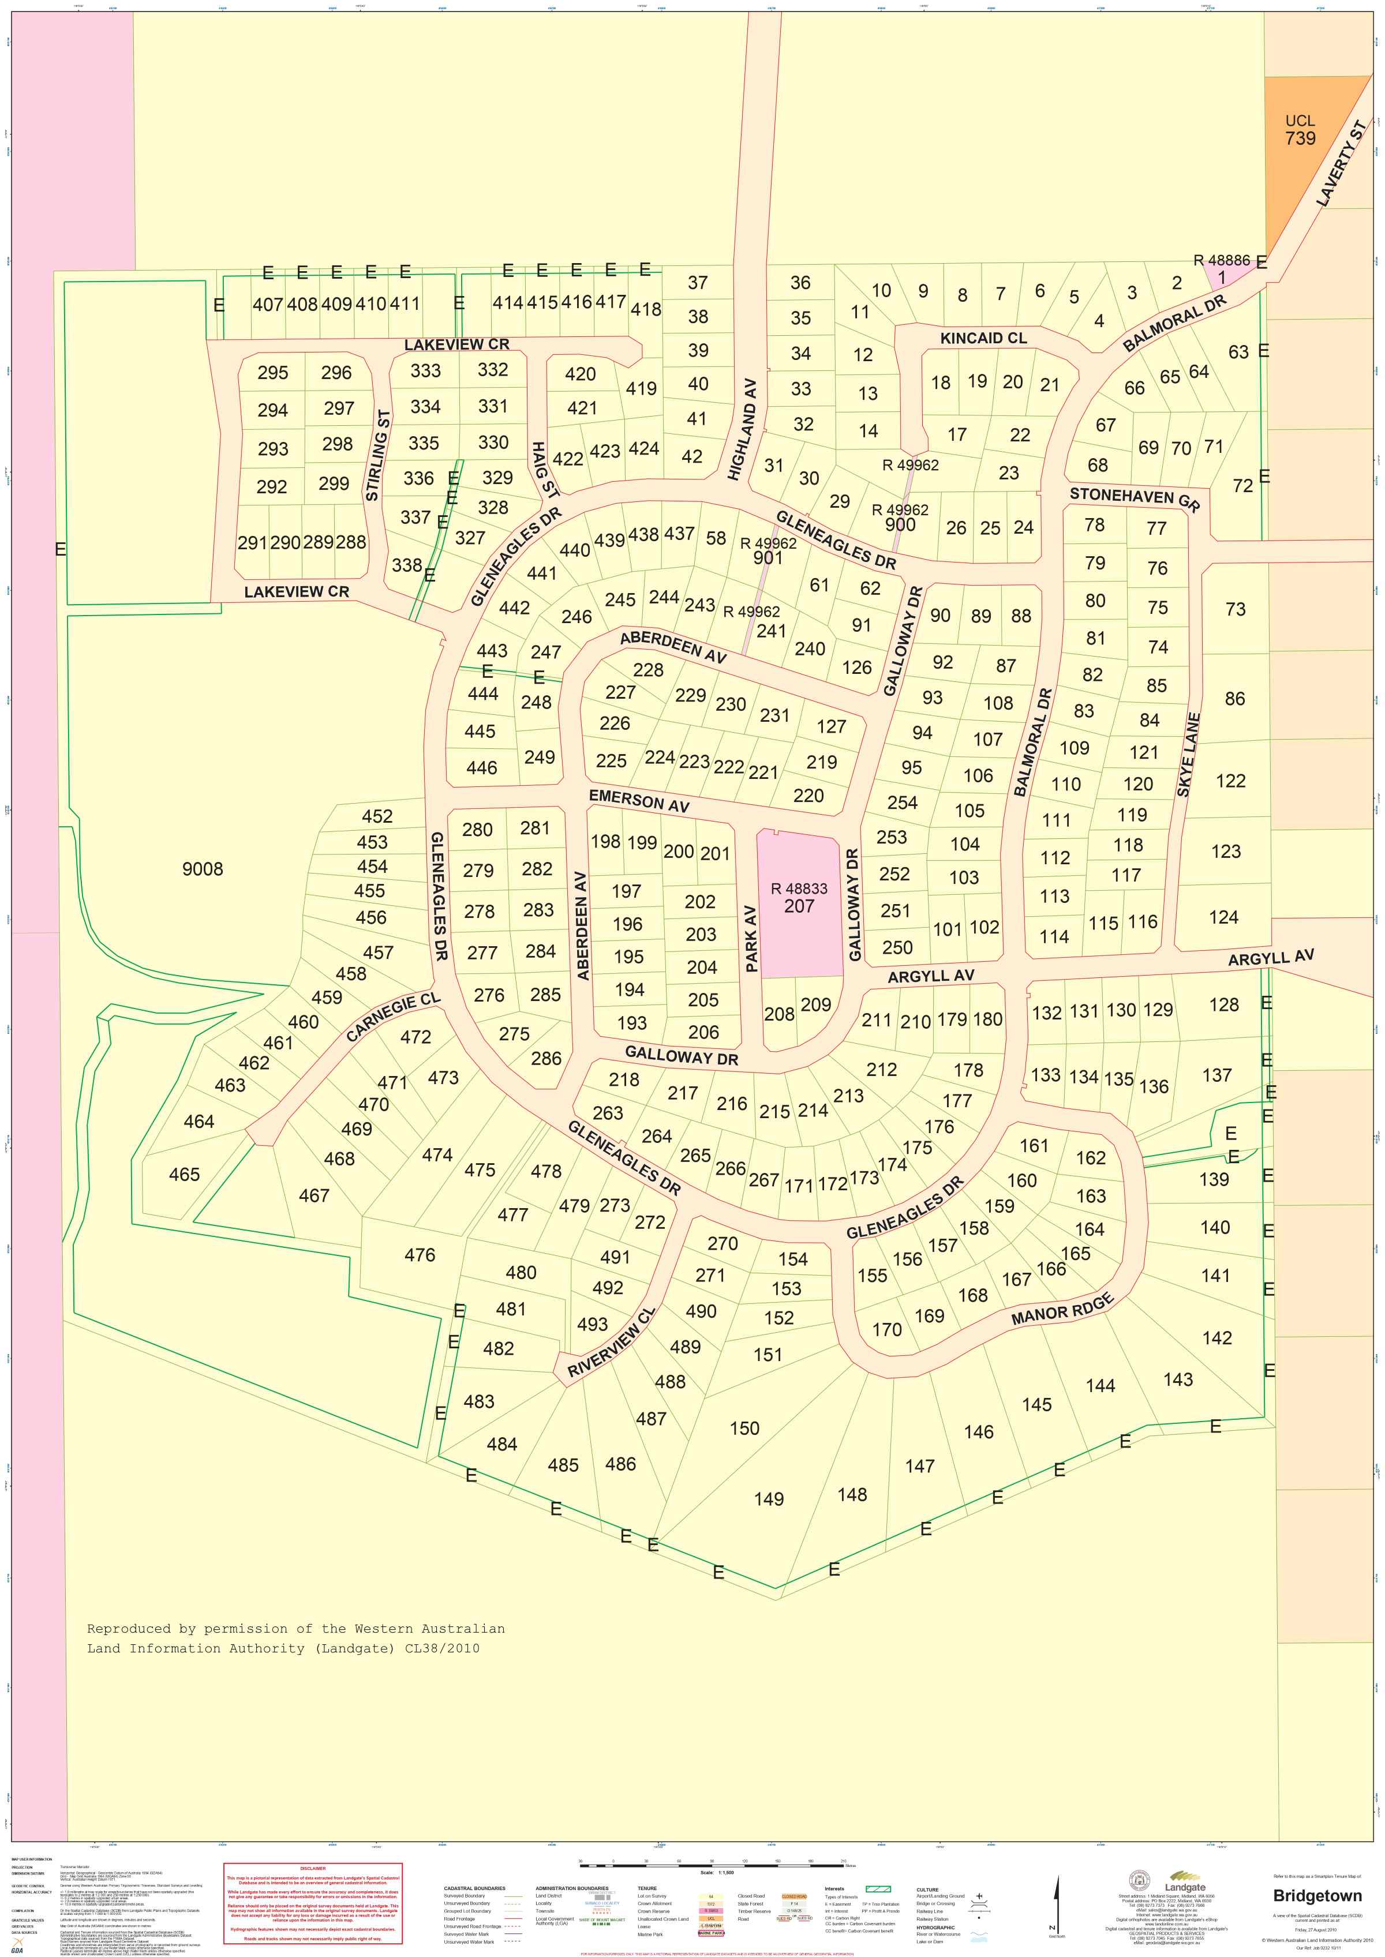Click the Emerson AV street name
pos(639,801)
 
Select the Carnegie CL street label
pos(392,1017)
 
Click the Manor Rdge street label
pos(1062,1309)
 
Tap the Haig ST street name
pos(544,469)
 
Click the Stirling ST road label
pos(378,455)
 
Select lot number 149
pos(769,1498)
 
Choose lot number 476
pos(420,1254)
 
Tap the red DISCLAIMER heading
pos(312,1868)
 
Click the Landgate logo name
pos(1185,1887)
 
